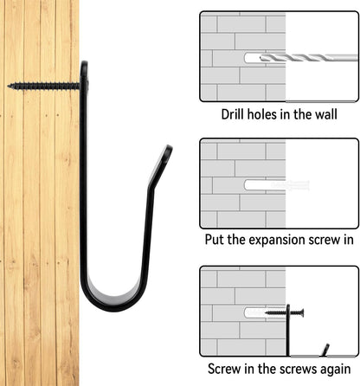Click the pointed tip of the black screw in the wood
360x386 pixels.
pyautogui.click(x=8, y=86)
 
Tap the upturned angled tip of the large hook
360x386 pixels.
pyautogui.click(x=168, y=149)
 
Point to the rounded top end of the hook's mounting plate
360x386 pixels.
pyautogui.click(x=84, y=64)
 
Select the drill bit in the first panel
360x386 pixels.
pyautogui.click(x=309, y=57)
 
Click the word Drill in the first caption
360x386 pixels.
pyautogui.click(x=233, y=114)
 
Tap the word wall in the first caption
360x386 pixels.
pyautogui.click(x=325, y=114)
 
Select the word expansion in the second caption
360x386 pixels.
pyautogui.click(x=277, y=241)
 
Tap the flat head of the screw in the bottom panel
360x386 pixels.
pyautogui.click(x=301, y=312)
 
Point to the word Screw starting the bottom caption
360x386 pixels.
pyautogui.click(x=224, y=369)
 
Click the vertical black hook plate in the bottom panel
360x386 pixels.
pyautogui.click(x=288, y=330)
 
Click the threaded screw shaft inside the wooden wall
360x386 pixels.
pyautogui.click(x=43, y=86)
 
